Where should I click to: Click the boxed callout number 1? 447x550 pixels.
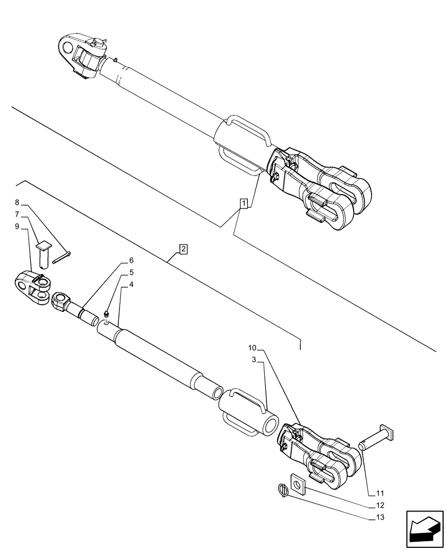pyautogui.click(x=243, y=204)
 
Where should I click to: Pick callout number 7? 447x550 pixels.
pyautogui.click(x=18, y=214)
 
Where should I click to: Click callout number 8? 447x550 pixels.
pyautogui.click(x=18, y=202)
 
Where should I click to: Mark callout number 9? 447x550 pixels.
pyautogui.click(x=18, y=226)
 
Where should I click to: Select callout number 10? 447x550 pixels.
pyautogui.click(x=252, y=348)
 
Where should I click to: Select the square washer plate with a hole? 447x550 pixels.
pyautogui.click(x=297, y=483)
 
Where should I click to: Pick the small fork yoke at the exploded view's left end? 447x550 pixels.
pyautogui.click(x=32, y=288)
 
